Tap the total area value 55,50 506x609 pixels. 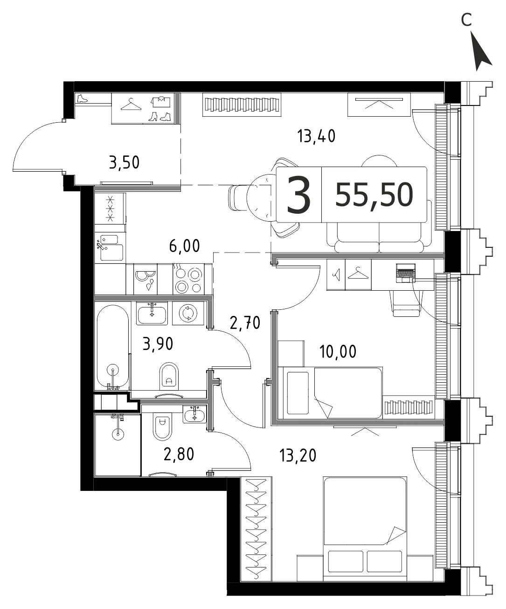[x=374, y=195]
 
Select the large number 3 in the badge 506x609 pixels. [x=298, y=195]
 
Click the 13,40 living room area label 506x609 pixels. [x=316, y=136]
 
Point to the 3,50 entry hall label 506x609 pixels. [x=124, y=162]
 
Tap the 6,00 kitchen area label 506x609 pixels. [x=185, y=245]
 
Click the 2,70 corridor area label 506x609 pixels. [x=245, y=323]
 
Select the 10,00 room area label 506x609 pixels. [x=338, y=351]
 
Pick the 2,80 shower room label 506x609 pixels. [x=179, y=454]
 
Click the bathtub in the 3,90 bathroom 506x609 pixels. [x=112, y=347]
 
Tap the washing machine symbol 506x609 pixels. [x=188, y=313]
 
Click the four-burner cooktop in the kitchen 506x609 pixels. [x=188, y=279]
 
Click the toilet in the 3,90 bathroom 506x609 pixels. [x=169, y=376]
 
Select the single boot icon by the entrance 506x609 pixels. [x=82, y=98]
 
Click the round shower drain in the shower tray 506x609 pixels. [x=118, y=434]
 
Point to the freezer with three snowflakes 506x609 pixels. [x=110, y=209]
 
